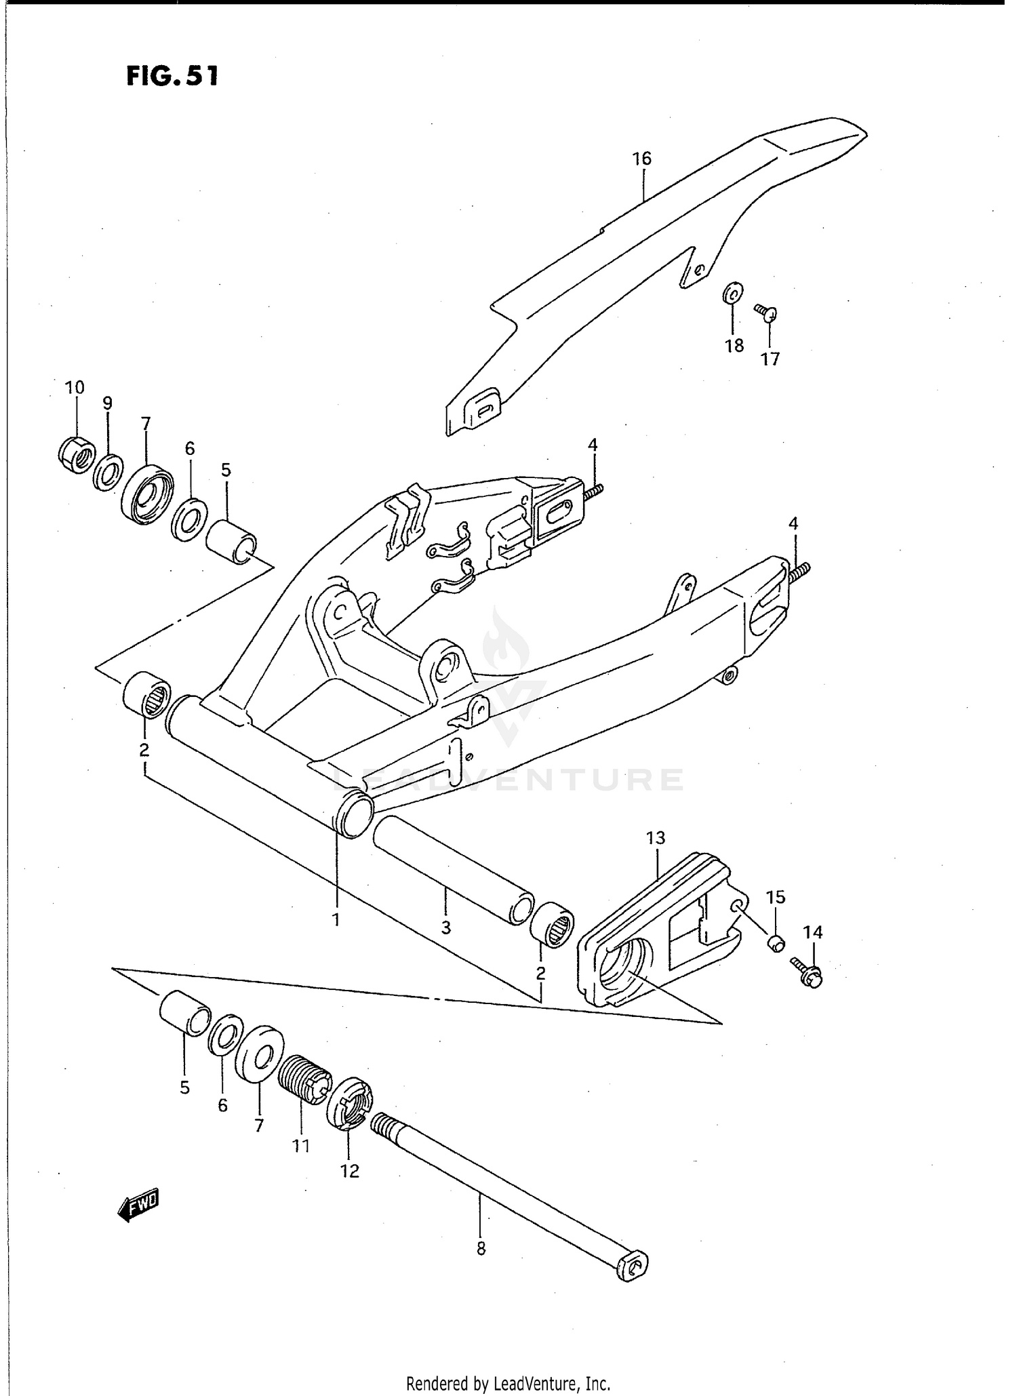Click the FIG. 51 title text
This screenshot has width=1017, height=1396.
pyautogui.click(x=172, y=76)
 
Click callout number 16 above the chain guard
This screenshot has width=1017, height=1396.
pyautogui.click(x=641, y=159)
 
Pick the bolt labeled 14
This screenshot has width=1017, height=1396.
pyautogui.click(x=807, y=972)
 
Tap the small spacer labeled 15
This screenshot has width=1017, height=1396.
pyautogui.click(x=776, y=942)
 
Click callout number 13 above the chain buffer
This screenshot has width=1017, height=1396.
pyautogui.click(x=656, y=838)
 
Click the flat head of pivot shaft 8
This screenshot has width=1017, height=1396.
pyautogui.click(x=632, y=1267)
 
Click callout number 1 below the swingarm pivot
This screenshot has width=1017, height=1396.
pyautogui.click(x=336, y=919)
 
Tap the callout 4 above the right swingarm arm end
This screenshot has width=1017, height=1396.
pyautogui.click(x=793, y=523)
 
